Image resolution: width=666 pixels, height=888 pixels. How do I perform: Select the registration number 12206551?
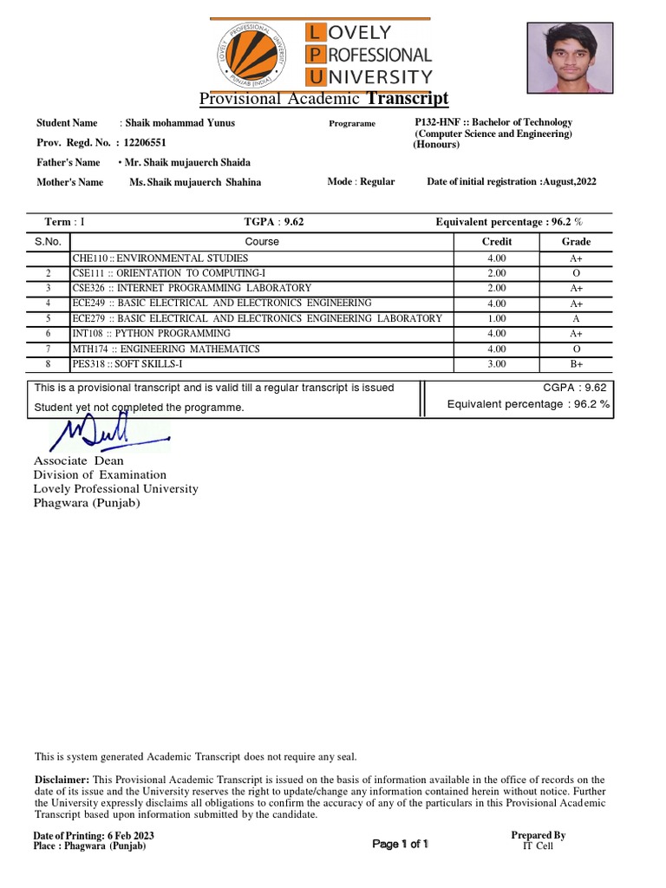click(x=146, y=142)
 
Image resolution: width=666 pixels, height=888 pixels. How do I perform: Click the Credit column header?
click(x=497, y=242)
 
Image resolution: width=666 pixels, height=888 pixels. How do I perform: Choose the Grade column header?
click(x=576, y=242)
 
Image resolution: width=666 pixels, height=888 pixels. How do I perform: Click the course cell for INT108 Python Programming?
click(x=152, y=333)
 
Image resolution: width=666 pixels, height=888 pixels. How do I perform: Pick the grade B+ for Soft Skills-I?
click(x=576, y=363)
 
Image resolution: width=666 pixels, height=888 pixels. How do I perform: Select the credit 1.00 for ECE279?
click(x=497, y=318)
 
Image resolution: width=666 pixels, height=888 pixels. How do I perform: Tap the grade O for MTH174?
click(x=576, y=349)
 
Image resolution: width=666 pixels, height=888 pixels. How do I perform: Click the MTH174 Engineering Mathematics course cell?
click(x=166, y=349)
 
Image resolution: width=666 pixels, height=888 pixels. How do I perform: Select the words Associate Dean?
click(x=78, y=461)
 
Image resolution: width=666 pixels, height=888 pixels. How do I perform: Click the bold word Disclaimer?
click(x=61, y=780)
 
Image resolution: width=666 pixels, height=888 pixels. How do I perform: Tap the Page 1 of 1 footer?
click(x=400, y=844)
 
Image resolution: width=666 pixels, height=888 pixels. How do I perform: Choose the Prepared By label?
click(x=538, y=835)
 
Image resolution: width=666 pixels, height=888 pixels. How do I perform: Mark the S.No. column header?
click(x=49, y=242)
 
